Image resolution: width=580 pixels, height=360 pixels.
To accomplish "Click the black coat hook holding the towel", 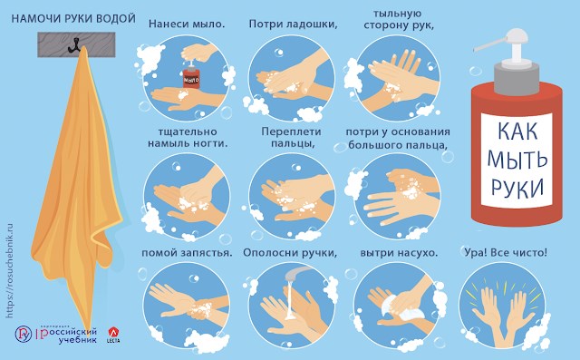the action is tap(74, 44).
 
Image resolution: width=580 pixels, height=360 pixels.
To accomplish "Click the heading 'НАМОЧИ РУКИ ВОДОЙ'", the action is tap(73, 18).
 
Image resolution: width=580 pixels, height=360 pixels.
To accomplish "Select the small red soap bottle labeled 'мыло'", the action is tap(191, 76).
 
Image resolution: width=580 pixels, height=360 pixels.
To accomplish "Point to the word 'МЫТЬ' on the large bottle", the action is tap(517, 159).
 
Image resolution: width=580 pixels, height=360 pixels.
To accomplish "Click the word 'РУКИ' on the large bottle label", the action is tap(517, 187).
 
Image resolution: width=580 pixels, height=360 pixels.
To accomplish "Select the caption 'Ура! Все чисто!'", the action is tap(506, 253).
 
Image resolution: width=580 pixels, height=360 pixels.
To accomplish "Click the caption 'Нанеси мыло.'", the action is tap(187, 24).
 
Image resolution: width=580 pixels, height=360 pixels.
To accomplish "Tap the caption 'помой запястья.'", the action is tap(187, 253).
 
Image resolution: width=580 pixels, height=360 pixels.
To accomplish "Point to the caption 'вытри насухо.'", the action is tap(399, 253).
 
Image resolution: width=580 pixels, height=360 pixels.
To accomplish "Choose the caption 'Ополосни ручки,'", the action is tap(290, 253).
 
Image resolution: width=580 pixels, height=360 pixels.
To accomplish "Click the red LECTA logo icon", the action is tap(113, 332).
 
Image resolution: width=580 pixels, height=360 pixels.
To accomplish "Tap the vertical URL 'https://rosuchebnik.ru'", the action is tap(10, 270).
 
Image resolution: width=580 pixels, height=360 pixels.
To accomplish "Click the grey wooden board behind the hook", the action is tap(76, 44).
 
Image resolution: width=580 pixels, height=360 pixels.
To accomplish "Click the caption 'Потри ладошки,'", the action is tap(294, 24).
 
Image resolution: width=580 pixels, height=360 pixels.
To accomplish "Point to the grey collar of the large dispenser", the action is tap(517, 78).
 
